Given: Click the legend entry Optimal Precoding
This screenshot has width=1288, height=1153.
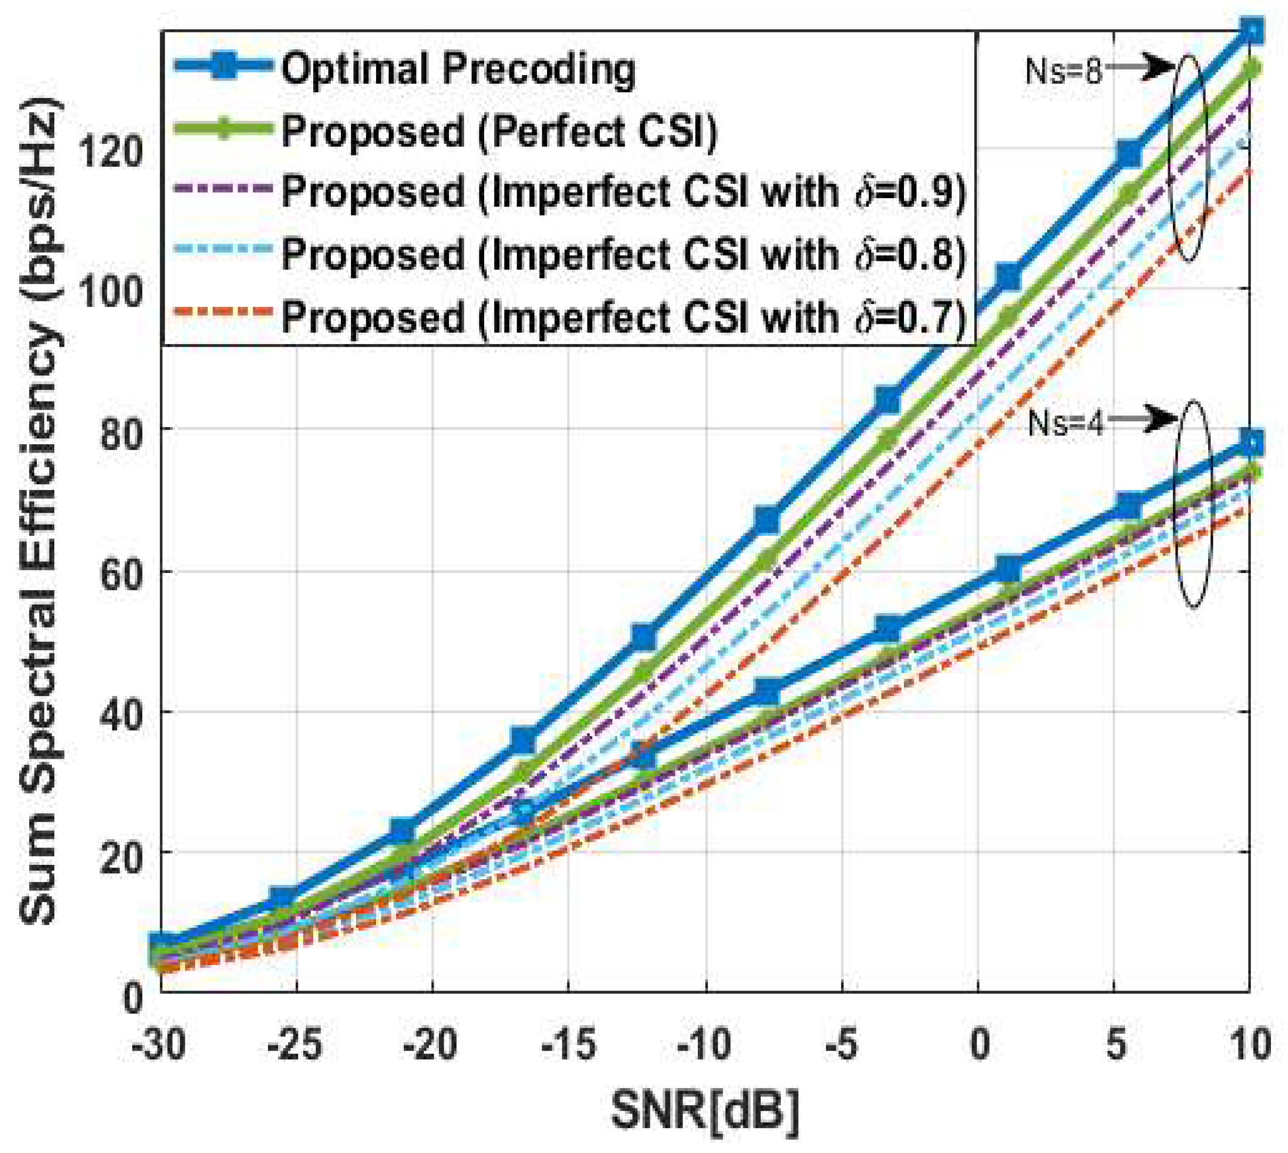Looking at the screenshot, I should coord(458,69).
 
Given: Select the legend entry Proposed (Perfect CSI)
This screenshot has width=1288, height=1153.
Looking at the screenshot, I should coord(499,131).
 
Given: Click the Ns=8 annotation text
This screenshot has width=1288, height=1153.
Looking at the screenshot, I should coord(1064,71).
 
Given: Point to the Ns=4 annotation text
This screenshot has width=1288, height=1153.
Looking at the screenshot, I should coord(1065,422).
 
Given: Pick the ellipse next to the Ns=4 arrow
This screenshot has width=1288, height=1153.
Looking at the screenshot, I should coord(1193,504).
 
